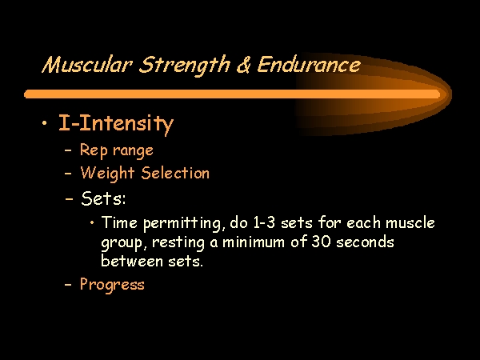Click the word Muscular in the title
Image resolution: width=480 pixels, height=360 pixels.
[87, 65]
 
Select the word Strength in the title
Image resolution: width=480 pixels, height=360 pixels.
[184, 66]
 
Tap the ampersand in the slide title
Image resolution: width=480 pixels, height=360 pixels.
[244, 65]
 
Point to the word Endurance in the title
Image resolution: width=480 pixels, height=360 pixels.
[309, 65]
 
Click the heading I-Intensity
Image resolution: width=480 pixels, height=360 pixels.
[116, 124]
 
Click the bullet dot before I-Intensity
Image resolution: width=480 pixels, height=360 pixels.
[45, 123]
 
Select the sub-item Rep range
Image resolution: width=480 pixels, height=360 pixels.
[117, 150]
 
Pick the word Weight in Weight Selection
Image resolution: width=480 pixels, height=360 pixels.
[107, 174]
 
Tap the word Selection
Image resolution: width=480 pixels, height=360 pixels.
[175, 173]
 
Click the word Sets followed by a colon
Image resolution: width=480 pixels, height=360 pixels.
[103, 198]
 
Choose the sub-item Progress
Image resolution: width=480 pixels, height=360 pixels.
[112, 285]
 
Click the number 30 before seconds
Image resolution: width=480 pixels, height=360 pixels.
[321, 242]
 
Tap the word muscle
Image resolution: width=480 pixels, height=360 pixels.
[410, 222]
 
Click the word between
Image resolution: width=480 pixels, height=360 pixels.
[132, 261]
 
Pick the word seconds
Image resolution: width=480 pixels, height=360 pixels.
[365, 242]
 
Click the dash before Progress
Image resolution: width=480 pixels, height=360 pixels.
[68, 284]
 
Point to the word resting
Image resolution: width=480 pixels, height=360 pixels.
[178, 242]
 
